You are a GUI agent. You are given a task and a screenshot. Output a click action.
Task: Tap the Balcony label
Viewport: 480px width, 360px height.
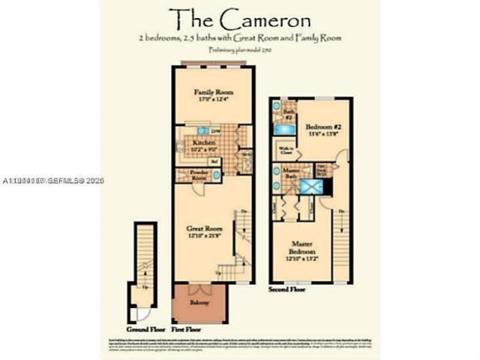click(199, 302)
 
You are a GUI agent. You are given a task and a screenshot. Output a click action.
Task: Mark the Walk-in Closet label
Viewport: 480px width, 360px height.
click(286, 150)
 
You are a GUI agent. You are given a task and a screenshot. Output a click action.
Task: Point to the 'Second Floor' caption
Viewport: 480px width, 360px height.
click(288, 287)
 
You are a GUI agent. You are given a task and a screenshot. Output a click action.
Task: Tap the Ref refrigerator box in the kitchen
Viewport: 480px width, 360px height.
click(214, 160)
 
